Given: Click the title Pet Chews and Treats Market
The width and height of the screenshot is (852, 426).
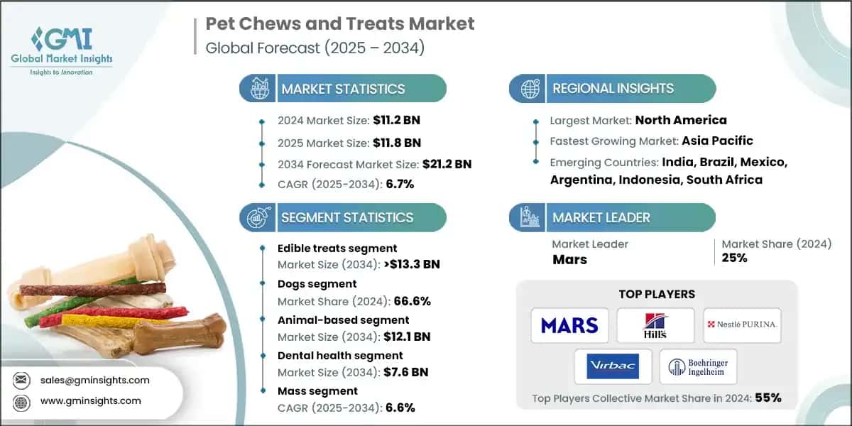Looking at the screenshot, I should (340, 23).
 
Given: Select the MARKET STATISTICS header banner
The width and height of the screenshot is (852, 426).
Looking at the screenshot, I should (343, 89).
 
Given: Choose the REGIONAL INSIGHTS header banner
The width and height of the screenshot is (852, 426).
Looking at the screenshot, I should (613, 89).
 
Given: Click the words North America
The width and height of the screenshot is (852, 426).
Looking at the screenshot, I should (680, 120).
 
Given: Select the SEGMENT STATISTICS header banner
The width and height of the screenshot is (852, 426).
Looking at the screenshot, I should (346, 217).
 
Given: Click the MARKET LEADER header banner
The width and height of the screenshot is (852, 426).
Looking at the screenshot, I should (601, 217).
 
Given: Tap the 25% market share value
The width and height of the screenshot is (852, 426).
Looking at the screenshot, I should (734, 258).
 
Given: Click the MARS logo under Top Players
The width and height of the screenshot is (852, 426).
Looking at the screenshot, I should (569, 325).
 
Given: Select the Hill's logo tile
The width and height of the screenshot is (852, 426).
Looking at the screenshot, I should (655, 325).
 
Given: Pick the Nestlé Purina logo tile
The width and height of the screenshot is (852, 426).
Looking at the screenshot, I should (742, 325).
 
